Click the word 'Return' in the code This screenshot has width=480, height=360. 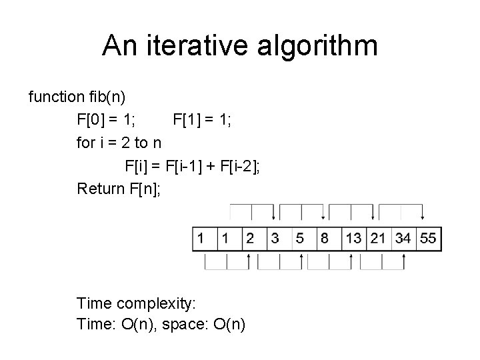tap(101, 189)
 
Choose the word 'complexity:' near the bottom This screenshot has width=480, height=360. tap(156, 304)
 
